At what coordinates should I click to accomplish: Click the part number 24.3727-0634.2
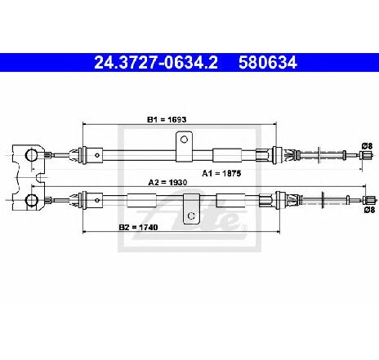(x=156, y=63)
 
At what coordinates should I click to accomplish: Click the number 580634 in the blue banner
(x=268, y=63)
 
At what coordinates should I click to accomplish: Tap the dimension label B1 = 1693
(x=167, y=119)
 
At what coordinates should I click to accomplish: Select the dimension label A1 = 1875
(x=221, y=173)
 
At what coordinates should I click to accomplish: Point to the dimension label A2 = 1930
(x=167, y=182)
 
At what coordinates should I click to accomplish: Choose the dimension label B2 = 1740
(x=138, y=227)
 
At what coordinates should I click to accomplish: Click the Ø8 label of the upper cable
(x=367, y=146)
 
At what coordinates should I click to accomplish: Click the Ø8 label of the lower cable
(x=369, y=210)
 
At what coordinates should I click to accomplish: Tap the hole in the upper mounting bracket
(x=184, y=140)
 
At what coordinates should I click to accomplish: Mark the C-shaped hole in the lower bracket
(x=191, y=216)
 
